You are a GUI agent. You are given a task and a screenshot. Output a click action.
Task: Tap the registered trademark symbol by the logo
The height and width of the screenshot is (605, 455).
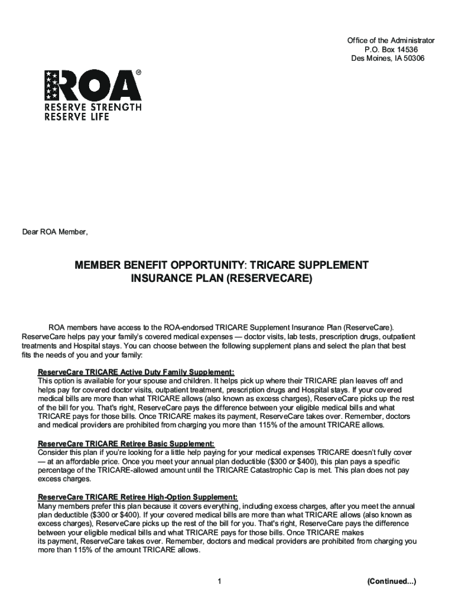[138, 73]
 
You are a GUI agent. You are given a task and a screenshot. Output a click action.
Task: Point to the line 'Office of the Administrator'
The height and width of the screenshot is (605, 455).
[391, 40]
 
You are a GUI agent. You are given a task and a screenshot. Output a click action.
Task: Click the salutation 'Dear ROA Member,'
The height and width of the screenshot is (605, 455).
[55, 232]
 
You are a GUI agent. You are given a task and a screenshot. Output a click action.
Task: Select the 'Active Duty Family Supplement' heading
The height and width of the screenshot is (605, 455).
[136, 372]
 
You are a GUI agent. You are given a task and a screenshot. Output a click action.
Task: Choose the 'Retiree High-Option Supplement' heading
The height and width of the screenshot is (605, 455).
[138, 497]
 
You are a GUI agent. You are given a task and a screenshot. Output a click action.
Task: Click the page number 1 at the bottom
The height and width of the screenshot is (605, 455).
[219, 582]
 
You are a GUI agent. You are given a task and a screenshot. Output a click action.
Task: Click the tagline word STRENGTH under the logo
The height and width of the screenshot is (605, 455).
[117, 108]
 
